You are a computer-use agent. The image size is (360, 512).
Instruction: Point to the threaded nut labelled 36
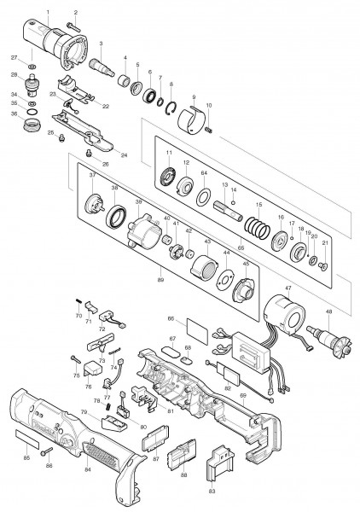click(x=34, y=124)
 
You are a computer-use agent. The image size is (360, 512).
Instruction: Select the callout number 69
click(x=243, y=396)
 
